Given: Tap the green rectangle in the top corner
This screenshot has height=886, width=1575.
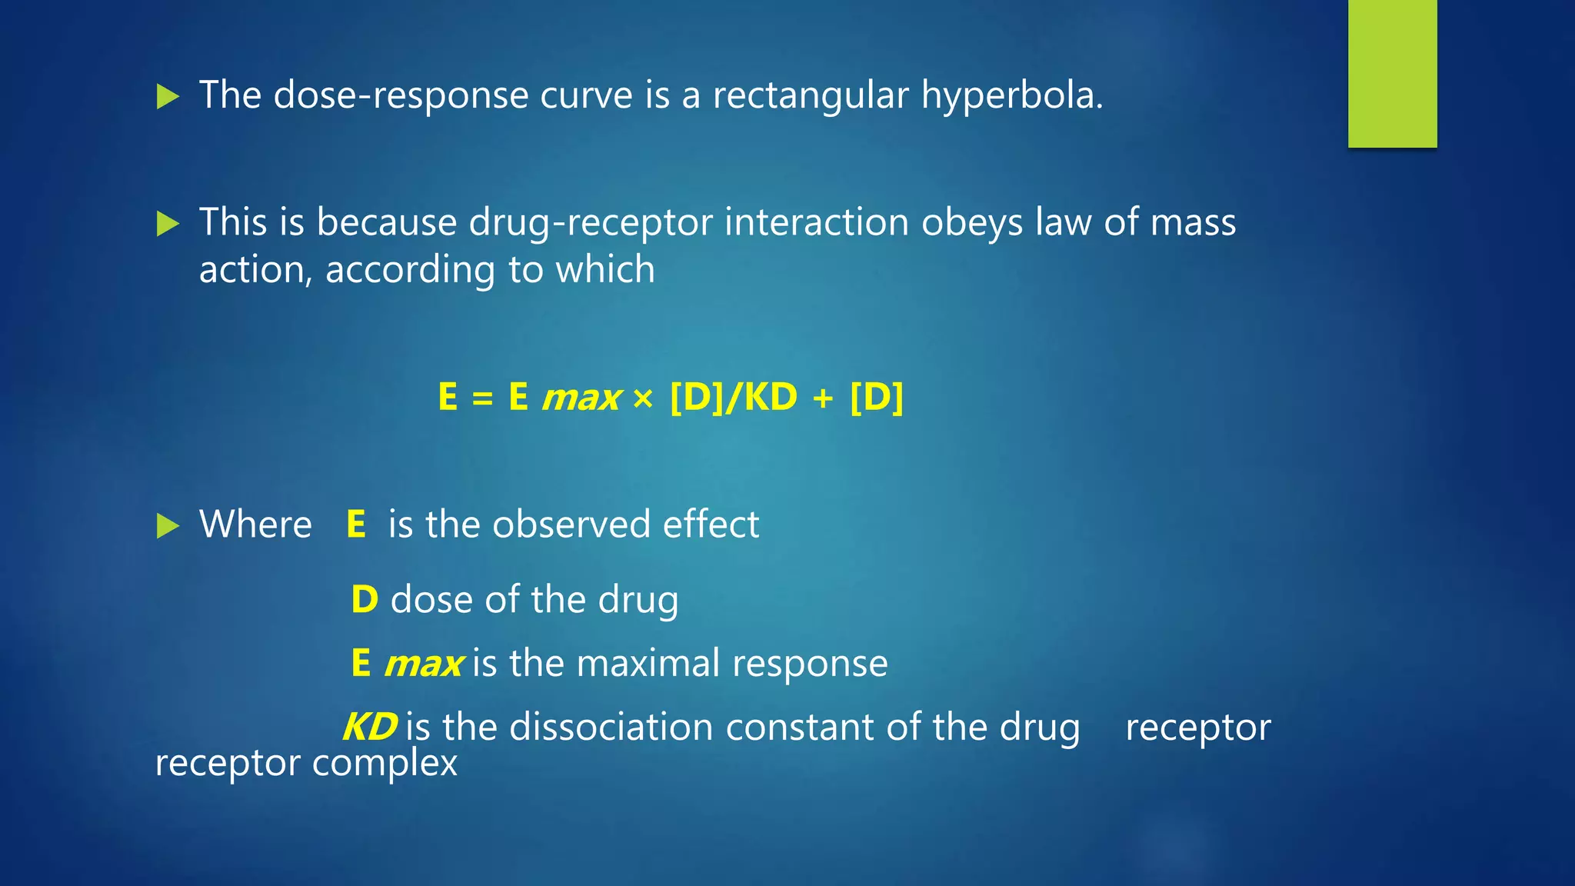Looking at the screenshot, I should point(1392,73).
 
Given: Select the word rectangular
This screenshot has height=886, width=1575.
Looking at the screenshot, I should point(811,96).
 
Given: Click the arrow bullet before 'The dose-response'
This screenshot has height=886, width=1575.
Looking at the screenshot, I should point(168,97).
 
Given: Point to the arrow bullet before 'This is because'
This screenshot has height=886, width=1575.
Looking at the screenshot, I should point(168,224).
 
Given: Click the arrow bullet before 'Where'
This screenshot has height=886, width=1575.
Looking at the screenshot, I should point(168,526).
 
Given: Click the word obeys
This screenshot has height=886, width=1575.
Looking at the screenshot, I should point(971,222).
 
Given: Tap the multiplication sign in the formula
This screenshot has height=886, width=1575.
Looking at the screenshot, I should point(643,398).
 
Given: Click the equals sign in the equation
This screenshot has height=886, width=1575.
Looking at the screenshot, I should point(482,398).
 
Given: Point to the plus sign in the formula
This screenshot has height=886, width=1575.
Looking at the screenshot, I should point(823,398).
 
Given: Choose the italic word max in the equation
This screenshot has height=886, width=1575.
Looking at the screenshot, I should point(581,398).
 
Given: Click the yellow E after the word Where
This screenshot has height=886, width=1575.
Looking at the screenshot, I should point(356,525).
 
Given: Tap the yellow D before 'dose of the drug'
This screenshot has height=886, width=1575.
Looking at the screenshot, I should point(365,599).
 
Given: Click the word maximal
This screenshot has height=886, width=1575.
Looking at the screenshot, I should point(650,663).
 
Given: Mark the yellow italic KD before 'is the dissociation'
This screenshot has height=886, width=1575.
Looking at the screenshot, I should point(370,727).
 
